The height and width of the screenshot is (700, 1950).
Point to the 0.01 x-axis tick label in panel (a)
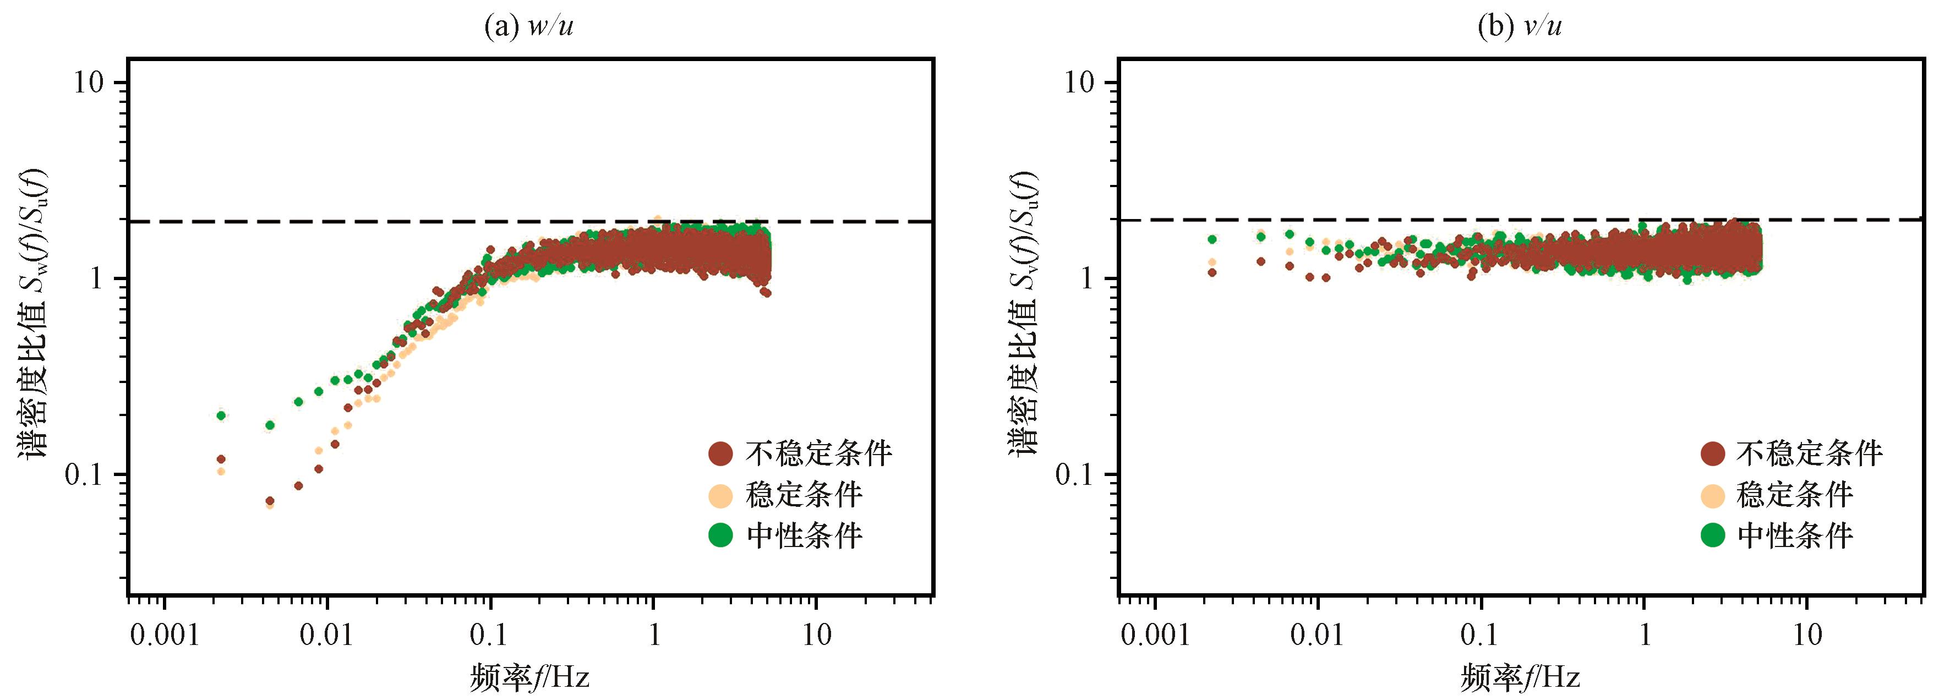[x=326, y=635]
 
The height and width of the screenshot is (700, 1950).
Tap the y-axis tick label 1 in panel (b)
[x=1088, y=279]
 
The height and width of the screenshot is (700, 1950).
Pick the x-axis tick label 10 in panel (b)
[x=1807, y=635]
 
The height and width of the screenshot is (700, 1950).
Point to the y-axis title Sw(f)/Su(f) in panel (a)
[x=34, y=312]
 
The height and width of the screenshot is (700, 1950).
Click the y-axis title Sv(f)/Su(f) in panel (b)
[x=1024, y=312]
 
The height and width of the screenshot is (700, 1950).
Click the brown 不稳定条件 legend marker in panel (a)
[x=720, y=453]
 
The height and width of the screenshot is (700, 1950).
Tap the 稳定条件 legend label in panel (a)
[x=804, y=495]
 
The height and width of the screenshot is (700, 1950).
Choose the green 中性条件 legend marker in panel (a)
[x=720, y=536]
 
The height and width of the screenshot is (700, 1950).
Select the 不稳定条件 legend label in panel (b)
[x=1809, y=453]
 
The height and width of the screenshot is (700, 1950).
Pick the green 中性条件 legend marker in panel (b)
[x=1712, y=536]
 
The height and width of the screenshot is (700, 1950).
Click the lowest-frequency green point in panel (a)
[x=221, y=415]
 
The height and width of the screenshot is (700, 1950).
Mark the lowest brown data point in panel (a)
[x=270, y=501]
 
